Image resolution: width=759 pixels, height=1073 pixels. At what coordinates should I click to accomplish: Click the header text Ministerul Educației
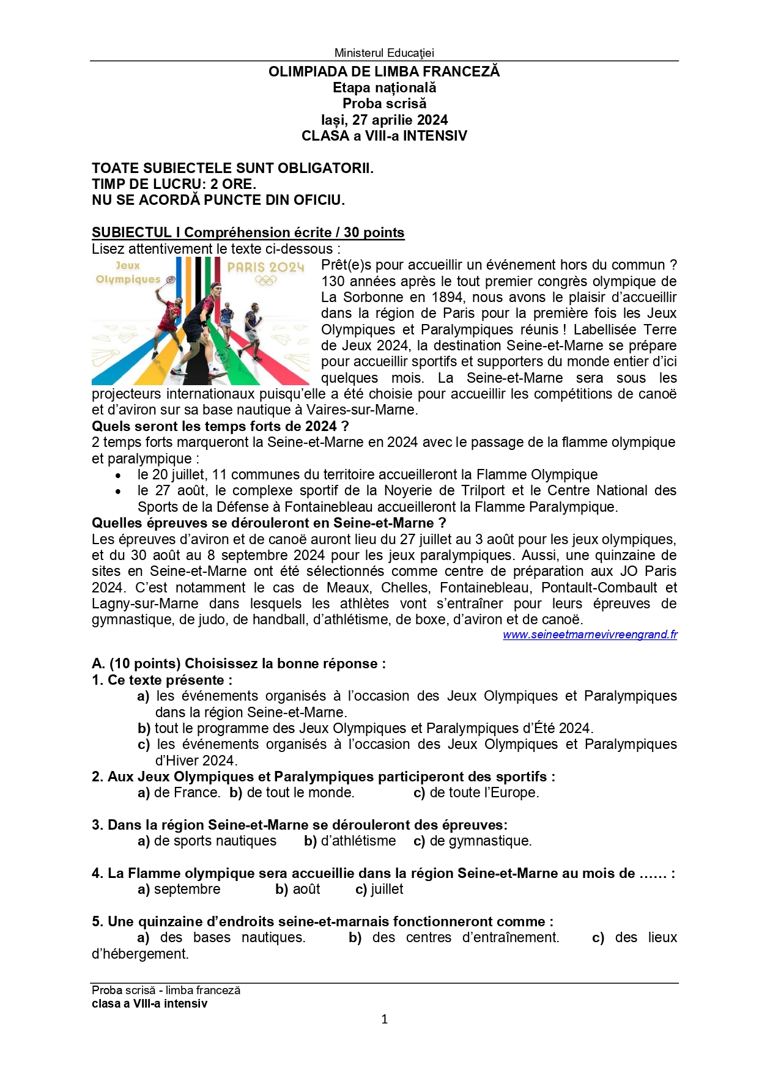(383, 53)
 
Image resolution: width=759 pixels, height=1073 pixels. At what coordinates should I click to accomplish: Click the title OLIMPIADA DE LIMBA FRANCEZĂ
(383, 72)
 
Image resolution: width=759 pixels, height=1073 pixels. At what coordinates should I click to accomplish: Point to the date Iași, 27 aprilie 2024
(383, 120)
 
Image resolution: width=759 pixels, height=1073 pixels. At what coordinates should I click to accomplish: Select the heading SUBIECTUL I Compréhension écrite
(248, 232)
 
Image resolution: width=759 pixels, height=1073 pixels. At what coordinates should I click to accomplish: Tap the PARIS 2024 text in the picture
(265, 267)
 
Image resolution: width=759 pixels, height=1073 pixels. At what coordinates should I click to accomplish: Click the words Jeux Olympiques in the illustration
(128, 273)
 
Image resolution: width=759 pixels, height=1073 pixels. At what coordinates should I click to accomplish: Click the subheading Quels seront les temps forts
(220, 426)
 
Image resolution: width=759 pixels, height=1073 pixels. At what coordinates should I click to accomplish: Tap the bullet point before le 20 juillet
(118, 475)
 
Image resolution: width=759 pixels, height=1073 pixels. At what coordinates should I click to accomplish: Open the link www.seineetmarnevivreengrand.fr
(590, 635)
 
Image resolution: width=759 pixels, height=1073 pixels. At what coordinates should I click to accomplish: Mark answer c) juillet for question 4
(379, 890)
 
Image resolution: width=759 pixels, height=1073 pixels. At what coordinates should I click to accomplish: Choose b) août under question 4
(298, 890)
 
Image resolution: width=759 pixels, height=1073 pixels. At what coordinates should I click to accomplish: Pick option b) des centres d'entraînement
(454, 938)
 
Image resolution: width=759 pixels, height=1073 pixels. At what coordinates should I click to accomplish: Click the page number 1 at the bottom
(384, 1019)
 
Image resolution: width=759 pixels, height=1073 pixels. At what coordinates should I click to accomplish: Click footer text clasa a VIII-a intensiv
(149, 1003)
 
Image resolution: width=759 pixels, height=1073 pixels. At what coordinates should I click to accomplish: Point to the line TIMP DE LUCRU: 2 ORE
(174, 184)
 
